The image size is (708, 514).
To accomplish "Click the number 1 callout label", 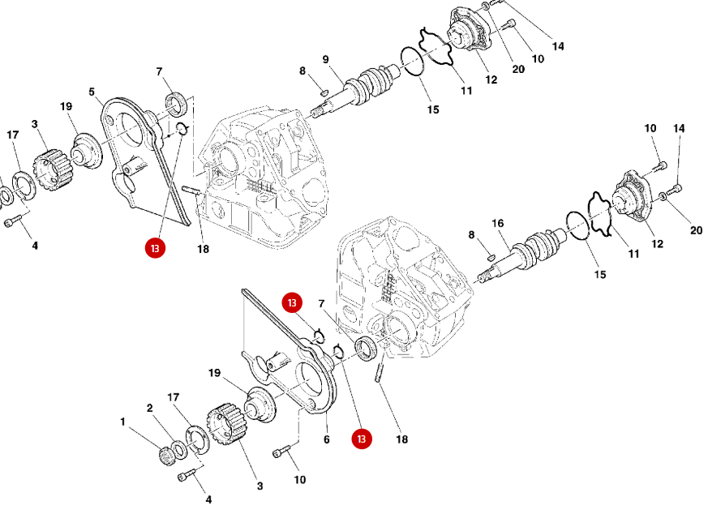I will click(x=123, y=422).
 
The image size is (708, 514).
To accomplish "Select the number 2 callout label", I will click(x=150, y=408).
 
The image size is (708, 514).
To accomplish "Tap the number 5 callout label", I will click(x=92, y=91).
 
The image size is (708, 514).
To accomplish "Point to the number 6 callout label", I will click(x=327, y=439).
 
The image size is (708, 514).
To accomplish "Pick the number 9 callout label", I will click(x=325, y=59).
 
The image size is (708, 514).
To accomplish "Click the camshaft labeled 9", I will click(x=365, y=88).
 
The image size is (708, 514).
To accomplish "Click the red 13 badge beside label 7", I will click(x=292, y=302).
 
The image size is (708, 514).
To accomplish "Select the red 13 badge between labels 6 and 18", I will click(x=362, y=439).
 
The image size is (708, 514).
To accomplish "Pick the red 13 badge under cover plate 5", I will click(x=155, y=248).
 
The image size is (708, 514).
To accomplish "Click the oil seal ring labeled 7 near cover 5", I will click(x=176, y=104).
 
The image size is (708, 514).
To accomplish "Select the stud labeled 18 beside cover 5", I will click(x=191, y=191).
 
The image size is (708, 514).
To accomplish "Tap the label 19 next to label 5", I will click(x=66, y=106).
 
